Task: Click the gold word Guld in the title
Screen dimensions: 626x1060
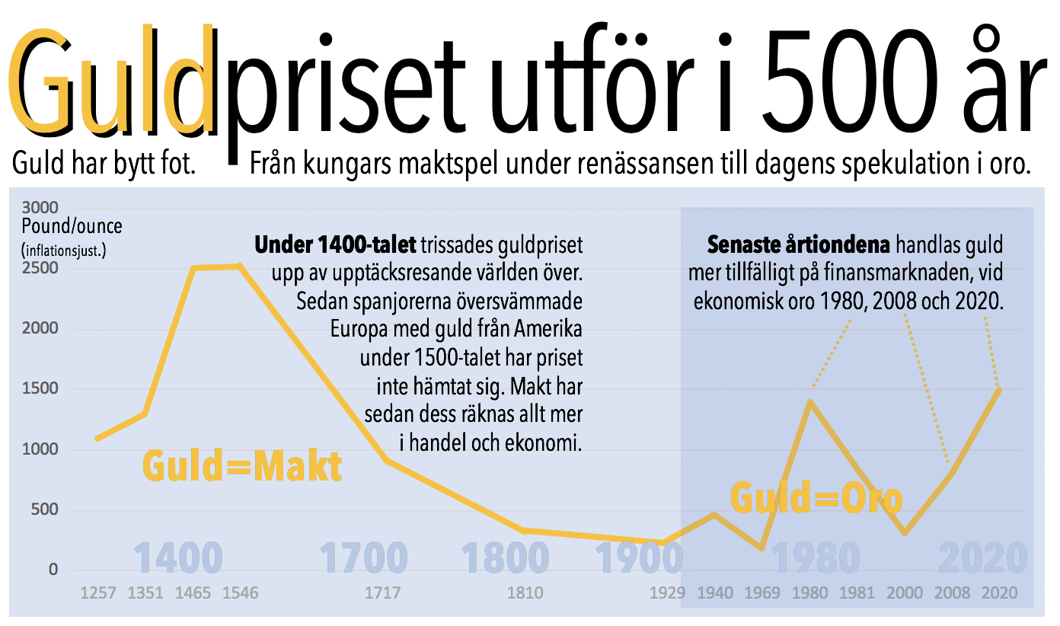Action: coord(110,84)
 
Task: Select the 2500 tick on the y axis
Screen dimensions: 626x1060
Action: coord(42,269)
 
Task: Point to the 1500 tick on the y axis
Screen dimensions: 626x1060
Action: coord(42,389)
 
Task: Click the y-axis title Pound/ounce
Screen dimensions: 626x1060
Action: coord(72,226)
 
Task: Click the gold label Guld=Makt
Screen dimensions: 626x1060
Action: coord(242,467)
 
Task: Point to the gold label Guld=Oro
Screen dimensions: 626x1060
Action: coord(816,498)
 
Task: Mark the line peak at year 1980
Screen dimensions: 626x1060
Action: coord(810,401)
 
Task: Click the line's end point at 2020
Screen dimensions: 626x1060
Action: coord(998,389)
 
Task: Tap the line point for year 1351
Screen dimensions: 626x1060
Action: coord(144,414)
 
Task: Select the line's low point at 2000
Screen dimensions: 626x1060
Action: coord(905,532)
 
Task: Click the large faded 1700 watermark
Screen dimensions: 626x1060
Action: coord(363,558)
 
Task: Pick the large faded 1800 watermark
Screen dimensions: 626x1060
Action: coord(506,558)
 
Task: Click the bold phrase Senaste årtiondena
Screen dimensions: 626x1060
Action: coord(800,246)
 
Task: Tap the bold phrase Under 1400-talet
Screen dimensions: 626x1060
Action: coord(336,246)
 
